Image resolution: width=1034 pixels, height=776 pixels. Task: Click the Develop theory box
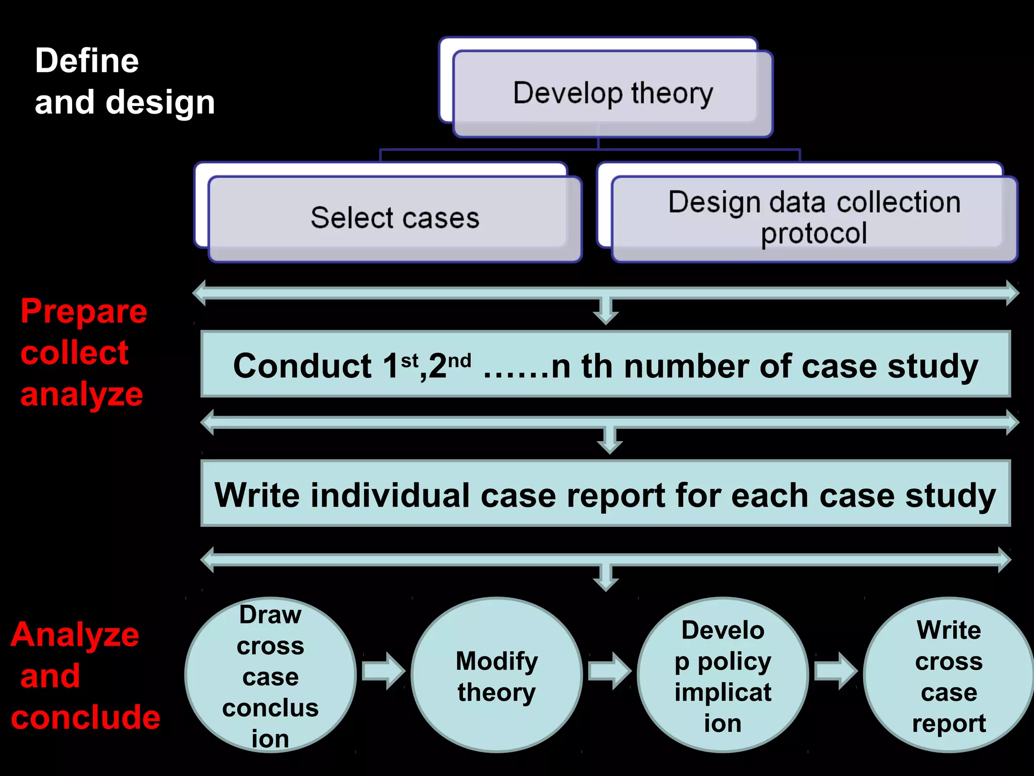tap(613, 93)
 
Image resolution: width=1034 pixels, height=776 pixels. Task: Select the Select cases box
tap(395, 218)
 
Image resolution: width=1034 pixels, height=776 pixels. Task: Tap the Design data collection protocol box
tap(814, 218)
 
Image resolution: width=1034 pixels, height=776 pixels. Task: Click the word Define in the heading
tap(87, 61)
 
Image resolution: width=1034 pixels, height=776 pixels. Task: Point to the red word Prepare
tap(84, 311)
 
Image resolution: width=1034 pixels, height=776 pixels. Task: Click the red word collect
tap(74, 353)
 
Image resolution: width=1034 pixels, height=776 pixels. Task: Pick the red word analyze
tap(81, 395)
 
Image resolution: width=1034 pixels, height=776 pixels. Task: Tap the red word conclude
tap(85, 717)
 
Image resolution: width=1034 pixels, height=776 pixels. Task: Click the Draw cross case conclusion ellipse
tap(271, 675)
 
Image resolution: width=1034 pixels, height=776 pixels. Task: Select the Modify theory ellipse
tap(497, 675)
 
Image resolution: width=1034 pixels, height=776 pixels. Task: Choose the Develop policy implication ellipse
tap(723, 675)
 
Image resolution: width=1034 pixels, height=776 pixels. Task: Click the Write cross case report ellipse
tap(949, 675)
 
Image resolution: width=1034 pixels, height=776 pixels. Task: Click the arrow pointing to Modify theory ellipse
tap(384, 671)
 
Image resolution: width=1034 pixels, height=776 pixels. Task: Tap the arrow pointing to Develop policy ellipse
tap(610, 671)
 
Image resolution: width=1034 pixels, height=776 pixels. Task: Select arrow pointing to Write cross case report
tap(836, 671)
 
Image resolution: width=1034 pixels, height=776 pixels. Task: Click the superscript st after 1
tap(409, 361)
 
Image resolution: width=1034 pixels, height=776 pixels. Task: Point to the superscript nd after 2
tap(459, 361)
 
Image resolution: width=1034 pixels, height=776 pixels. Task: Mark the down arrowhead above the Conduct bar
tap(606, 316)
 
